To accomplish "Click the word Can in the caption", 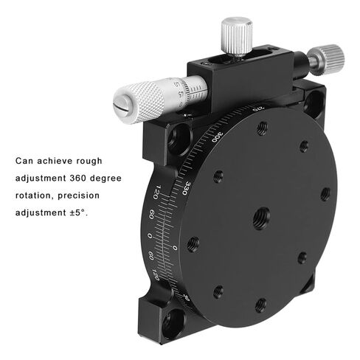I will (x=25, y=160).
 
